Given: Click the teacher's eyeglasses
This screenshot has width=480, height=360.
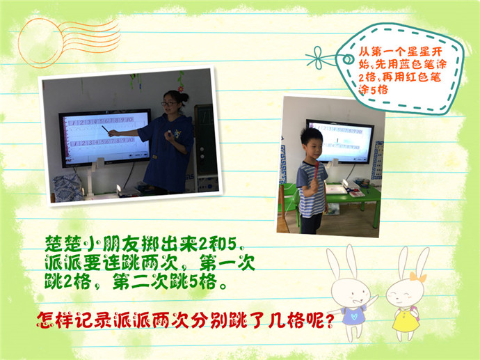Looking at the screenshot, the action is click(169, 104).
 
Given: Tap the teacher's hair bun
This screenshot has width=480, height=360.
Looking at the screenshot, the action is click(184, 97).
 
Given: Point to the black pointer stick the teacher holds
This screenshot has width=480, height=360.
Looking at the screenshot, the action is click(106, 130).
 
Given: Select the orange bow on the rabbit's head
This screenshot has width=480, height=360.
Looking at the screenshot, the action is click(418, 277).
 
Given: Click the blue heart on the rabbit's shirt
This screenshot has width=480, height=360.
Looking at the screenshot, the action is click(354, 315).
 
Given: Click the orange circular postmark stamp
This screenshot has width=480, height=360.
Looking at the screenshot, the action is click(40, 42).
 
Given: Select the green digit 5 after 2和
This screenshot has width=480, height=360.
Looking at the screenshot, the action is click(232, 244).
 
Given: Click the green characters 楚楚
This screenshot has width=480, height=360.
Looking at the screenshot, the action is click(64, 244).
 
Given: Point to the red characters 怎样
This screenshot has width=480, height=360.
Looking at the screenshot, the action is click(56, 320).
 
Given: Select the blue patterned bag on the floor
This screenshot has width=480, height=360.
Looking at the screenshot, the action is click(68, 187).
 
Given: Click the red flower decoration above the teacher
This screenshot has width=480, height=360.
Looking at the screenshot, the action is click(181, 89).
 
